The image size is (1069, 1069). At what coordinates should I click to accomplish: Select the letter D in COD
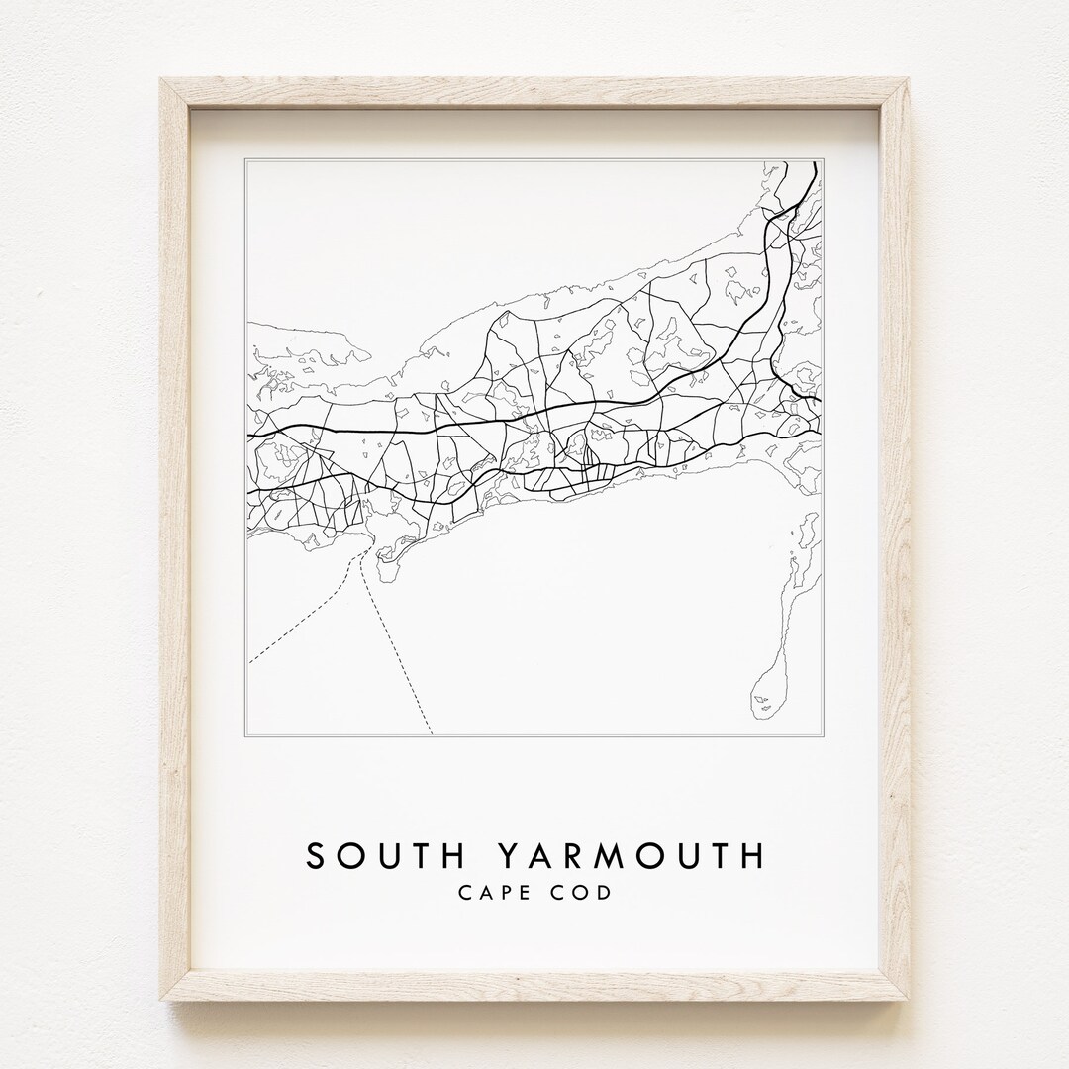point(604,892)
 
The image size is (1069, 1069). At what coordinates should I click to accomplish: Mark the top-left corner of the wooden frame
point(160,78)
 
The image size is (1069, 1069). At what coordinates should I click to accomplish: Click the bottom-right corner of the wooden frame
point(910,1001)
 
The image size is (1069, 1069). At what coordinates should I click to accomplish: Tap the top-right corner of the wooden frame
point(910,78)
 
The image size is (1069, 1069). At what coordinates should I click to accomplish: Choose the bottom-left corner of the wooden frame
point(160,1001)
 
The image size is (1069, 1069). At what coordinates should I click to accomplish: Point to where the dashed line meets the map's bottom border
point(433,734)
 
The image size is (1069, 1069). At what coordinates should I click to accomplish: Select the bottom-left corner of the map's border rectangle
point(245,735)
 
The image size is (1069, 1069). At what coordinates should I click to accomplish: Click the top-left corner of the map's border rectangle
point(245,158)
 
